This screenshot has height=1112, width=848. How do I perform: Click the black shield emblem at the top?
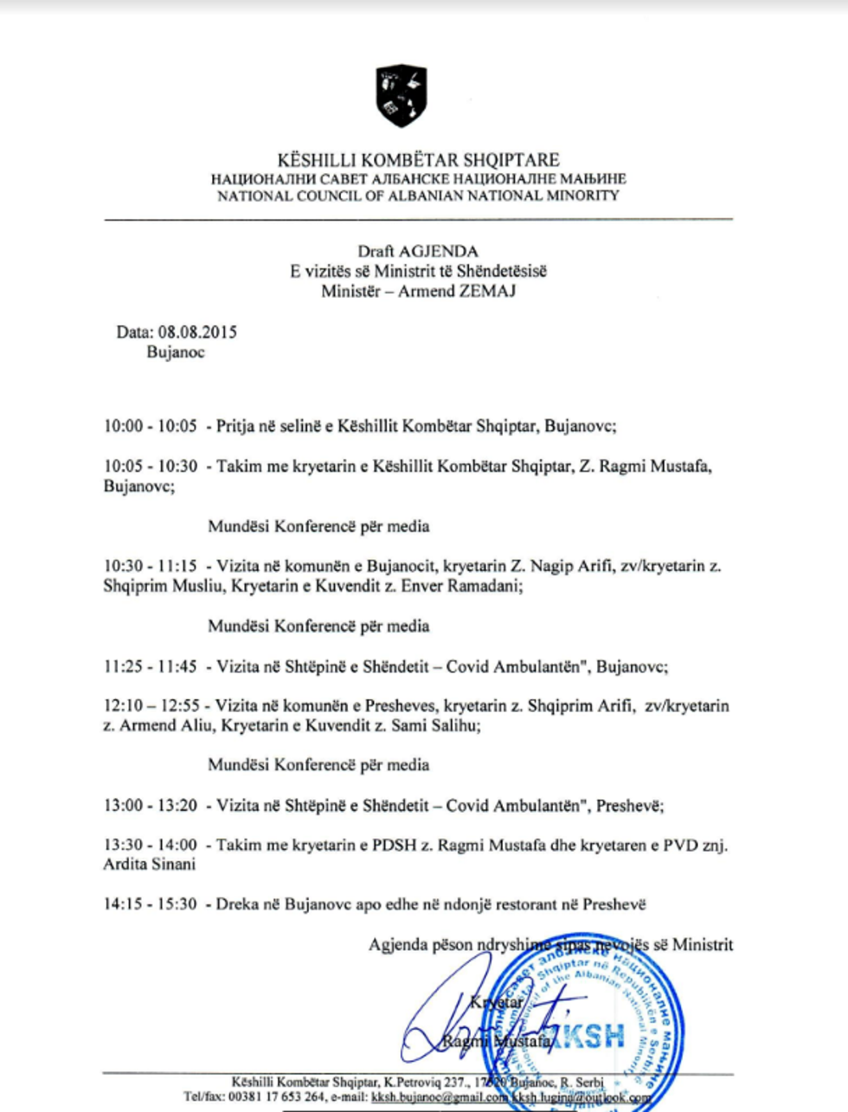(x=402, y=95)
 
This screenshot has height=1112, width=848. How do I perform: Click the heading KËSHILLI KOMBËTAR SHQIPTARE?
(x=419, y=160)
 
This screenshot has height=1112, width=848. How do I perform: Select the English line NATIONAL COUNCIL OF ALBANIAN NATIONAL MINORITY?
(x=419, y=196)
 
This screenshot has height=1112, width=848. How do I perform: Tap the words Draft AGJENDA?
(x=418, y=252)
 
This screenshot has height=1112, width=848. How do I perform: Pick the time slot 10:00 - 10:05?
(x=151, y=427)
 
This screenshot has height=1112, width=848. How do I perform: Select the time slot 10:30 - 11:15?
(x=151, y=567)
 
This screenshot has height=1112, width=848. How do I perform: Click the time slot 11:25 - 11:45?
(x=151, y=667)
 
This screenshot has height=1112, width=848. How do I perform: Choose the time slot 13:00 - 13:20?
(x=151, y=806)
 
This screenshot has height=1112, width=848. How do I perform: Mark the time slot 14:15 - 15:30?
(x=151, y=905)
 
